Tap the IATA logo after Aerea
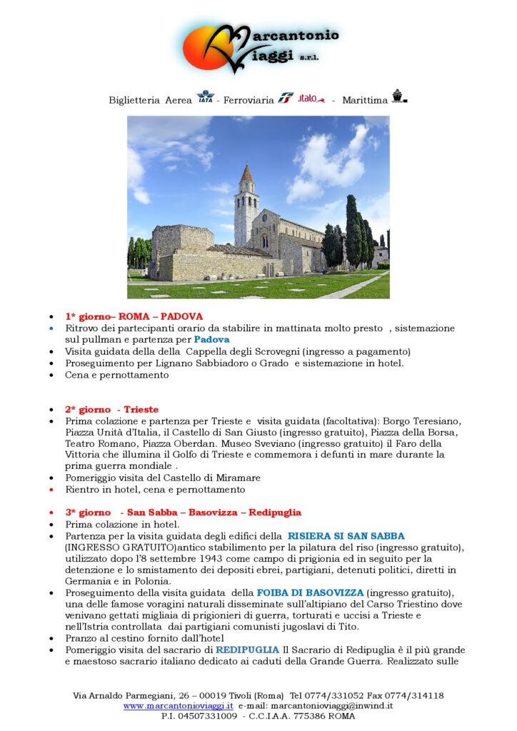click(x=205, y=98)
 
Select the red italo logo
click(x=311, y=98)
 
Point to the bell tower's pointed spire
click(x=246, y=173)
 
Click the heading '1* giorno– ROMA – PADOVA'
click(x=134, y=316)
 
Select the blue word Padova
click(x=212, y=339)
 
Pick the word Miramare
click(x=239, y=478)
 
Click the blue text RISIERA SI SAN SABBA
click(x=346, y=535)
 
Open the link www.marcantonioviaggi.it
click(x=179, y=705)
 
